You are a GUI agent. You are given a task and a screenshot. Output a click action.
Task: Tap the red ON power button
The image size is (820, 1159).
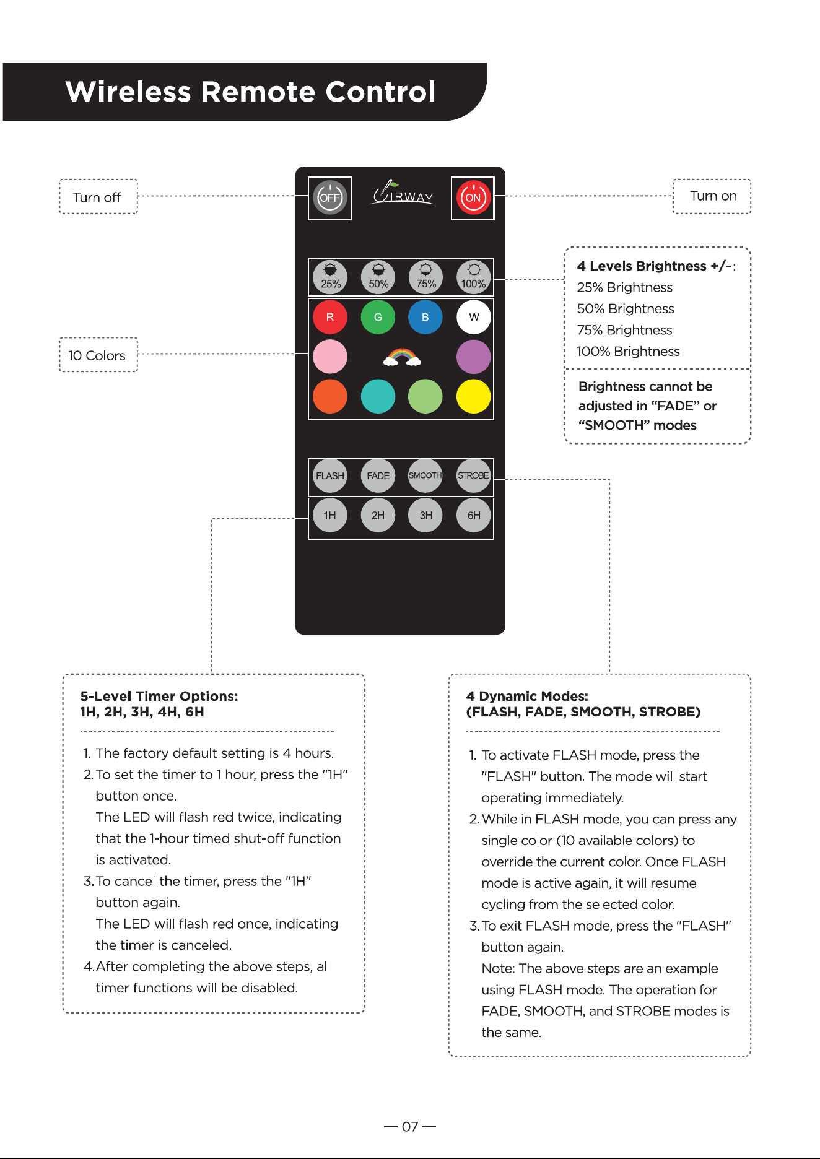pos(473,198)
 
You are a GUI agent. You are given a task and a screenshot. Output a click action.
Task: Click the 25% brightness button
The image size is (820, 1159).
pos(330,277)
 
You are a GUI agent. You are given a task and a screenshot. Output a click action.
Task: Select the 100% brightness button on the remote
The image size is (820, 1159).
pos(474,277)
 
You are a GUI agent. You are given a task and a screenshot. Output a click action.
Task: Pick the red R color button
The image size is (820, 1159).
pos(330,317)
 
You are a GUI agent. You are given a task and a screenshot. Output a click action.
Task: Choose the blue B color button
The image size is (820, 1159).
pos(425,317)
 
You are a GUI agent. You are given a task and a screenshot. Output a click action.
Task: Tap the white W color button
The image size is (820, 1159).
pos(474,317)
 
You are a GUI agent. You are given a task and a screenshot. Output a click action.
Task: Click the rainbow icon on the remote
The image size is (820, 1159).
pos(402,357)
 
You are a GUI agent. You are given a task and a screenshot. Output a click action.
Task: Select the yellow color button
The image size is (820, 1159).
pos(474,396)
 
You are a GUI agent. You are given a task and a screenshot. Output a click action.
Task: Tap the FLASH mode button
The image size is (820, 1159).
pos(330,475)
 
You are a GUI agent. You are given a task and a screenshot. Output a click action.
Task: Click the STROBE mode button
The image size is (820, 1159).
pos(474,475)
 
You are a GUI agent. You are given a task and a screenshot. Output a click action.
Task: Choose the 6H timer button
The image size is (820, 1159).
pos(474,515)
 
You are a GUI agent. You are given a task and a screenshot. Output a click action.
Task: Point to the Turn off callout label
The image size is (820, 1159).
pos(97,197)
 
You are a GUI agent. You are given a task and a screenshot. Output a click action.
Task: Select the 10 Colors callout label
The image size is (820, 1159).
pos(97,355)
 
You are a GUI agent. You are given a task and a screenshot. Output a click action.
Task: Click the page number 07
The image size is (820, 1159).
pos(410,1127)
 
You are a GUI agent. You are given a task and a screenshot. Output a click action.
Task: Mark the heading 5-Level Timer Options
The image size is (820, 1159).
pos(159,696)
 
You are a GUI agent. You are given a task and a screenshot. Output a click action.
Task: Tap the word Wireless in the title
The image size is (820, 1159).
pos(128,92)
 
